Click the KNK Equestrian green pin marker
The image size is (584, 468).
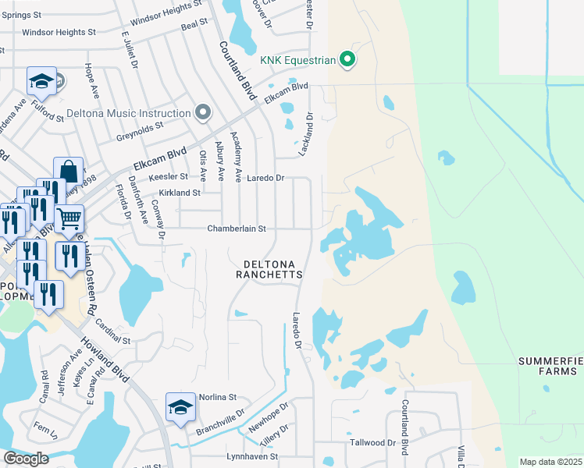click(348, 59)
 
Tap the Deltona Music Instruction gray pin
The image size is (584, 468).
click(203, 113)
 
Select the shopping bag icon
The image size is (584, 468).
click(69, 170)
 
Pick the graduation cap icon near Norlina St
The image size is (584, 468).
click(180, 407)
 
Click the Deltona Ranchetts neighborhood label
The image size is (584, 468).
click(269, 269)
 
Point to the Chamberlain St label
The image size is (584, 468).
click(237, 229)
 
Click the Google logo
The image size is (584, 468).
click(26, 458)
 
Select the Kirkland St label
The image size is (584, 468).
click(180, 192)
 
